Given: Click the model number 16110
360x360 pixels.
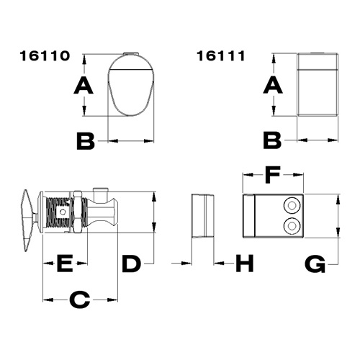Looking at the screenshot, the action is click(x=45, y=56).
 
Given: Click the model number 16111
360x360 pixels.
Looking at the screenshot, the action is click(x=221, y=56).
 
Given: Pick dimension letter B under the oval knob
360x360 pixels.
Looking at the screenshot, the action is click(x=86, y=141).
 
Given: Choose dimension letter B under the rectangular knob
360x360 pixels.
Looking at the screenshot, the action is click(x=272, y=140).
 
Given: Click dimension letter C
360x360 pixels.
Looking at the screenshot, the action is click(x=80, y=300).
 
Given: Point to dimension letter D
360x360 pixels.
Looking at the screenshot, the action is click(x=131, y=264).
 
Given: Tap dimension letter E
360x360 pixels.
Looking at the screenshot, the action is click(x=65, y=264).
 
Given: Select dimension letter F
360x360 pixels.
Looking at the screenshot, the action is click(x=273, y=175).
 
